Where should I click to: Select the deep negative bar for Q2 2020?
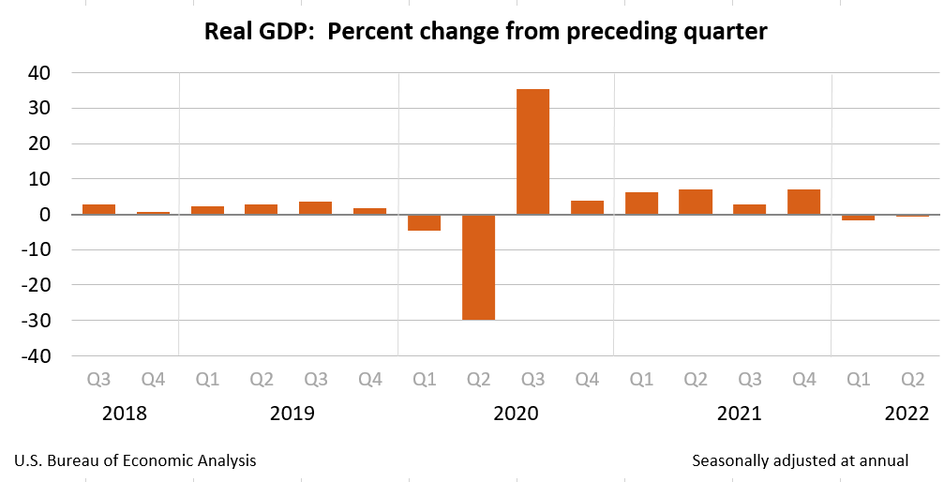478,267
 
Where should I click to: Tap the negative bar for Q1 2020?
424,222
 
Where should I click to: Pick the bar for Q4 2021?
803,202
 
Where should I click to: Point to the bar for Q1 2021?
641,203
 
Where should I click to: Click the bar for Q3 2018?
98,209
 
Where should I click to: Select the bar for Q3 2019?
315,208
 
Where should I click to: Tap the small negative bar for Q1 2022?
858,218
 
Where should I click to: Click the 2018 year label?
125,414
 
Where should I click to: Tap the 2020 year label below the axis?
516,414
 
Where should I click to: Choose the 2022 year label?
906,414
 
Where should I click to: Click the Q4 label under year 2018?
153,380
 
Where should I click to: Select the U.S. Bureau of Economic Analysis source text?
135,460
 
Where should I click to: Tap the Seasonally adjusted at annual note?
800,460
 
